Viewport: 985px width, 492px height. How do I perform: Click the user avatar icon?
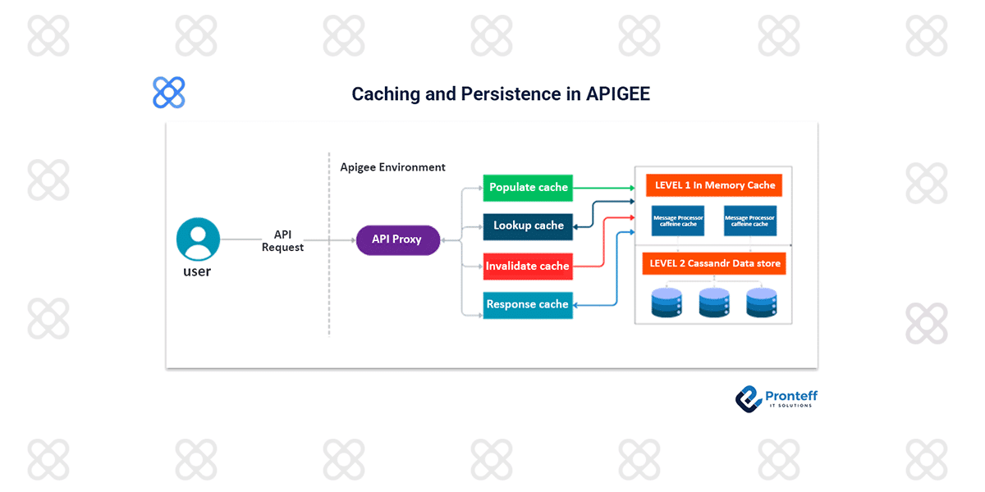(198, 239)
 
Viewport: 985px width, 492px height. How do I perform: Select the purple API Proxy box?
(397, 239)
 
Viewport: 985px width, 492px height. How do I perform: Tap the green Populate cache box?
(528, 188)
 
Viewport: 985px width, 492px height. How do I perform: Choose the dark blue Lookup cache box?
(528, 225)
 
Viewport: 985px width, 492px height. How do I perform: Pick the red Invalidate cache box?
(527, 266)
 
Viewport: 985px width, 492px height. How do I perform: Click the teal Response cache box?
(527, 304)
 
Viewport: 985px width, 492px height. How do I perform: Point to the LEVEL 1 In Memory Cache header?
(714, 185)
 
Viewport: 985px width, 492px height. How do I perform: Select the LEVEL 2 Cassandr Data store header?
(714, 264)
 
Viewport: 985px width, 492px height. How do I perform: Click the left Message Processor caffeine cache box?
(678, 221)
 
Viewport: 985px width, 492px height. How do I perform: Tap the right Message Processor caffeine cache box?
(749, 221)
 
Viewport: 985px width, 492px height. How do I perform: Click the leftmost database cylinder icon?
(667, 302)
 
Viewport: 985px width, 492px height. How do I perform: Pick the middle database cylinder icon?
(714, 302)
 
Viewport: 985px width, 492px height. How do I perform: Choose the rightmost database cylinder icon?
(762, 302)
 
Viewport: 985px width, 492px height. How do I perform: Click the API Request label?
(282, 241)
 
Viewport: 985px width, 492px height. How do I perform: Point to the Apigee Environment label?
(392, 167)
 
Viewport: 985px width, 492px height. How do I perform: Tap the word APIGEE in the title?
(618, 94)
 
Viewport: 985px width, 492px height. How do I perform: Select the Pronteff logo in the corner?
(776, 399)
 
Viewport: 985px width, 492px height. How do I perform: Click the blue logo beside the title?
(169, 93)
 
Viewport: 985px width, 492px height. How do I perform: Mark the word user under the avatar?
(197, 271)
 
